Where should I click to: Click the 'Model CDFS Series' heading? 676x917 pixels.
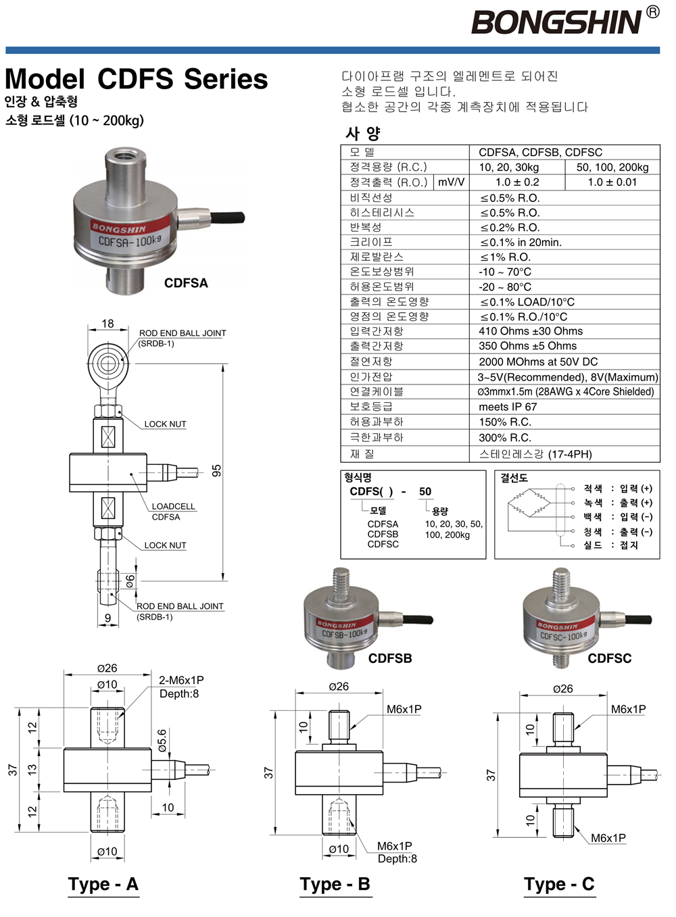(x=137, y=79)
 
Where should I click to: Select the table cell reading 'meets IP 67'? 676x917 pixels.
(x=508, y=407)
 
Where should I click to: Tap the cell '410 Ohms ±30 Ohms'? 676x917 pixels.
(x=531, y=331)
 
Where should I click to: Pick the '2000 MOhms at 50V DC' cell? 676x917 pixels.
(x=538, y=362)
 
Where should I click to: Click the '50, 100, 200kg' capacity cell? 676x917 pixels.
(x=612, y=167)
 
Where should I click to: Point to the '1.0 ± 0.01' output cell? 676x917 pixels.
(x=612, y=182)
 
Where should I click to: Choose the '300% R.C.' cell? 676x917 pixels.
(x=505, y=437)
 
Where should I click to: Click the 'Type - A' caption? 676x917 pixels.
(x=103, y=884)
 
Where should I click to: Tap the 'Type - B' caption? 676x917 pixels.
(x=335, y=884)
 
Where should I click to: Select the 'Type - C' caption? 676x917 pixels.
(x=559, y=884)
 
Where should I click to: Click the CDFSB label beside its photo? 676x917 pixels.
(x=390, y=658)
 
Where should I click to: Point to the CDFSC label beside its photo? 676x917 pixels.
(x=609, y=658)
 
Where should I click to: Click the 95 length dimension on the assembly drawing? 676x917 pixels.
(x=216, y=470)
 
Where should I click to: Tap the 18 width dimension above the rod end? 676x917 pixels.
(x=107, y=324)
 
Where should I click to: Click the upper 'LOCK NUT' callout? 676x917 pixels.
(x=165, y=424)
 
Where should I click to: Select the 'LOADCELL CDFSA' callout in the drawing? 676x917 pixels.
(x=172, y=512)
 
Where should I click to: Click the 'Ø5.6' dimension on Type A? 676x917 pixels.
(x=162, y=741)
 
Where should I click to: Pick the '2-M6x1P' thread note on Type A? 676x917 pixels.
(x=181, y=680)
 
